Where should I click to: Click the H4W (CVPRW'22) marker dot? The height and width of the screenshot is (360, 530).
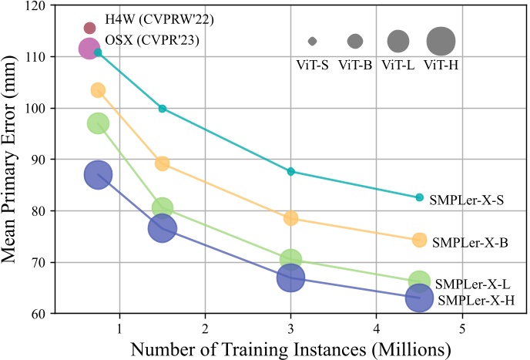click(89, 29)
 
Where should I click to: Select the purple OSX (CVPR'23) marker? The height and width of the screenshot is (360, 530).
click(89, 49)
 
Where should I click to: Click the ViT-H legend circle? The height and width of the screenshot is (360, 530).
click(441, 40)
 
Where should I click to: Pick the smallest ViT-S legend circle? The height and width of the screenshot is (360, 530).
click(312, 41)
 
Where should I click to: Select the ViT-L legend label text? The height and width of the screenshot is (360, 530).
click(397, 65)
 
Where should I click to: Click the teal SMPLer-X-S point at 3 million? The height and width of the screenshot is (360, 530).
click(290, 171)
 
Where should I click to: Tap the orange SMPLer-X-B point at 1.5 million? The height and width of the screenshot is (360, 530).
click(162, 163)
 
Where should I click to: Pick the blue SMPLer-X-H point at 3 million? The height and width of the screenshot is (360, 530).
click(290, 278)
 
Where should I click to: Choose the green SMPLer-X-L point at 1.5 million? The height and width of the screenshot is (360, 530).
click(162, 208)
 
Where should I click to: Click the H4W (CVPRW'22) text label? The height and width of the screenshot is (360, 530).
click(143, 29)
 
